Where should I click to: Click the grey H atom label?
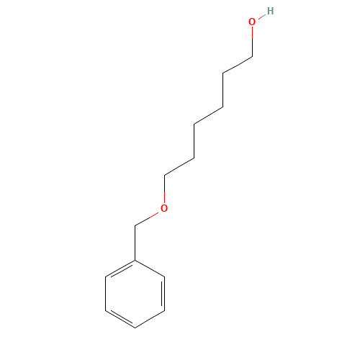[x=270, y=11]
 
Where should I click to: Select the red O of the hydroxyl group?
[x=252, y=22]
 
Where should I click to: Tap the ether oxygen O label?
[x=164, y=208]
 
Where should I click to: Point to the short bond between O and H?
[x=262, y=17]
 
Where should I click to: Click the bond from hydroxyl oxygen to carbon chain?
[x=252, y=42]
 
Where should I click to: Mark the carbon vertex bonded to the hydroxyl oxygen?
[x=252, y=57]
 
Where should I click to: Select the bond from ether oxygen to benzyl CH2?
[x=147, y=219]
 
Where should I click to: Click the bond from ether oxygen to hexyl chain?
[x=164, y=189]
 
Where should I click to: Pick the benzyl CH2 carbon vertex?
[x=135, y=226]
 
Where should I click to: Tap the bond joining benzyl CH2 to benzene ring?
[x=135, y=243]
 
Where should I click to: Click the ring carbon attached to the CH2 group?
[x=135, y=260]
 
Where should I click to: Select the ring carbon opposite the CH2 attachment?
[x=135, y=328]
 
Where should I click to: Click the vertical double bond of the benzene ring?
[x=163, y=294]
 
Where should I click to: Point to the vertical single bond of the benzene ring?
[x=106, y=294]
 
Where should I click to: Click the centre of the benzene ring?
[x=135, y=294]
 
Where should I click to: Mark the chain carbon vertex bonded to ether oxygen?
[x=164, y=175]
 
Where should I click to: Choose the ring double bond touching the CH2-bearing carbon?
[x=120, y=269]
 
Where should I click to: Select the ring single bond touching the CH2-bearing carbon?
[x=150, y=269]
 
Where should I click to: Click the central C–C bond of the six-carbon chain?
[x=208, y=116]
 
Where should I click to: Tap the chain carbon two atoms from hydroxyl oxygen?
[x=223, y=73]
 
